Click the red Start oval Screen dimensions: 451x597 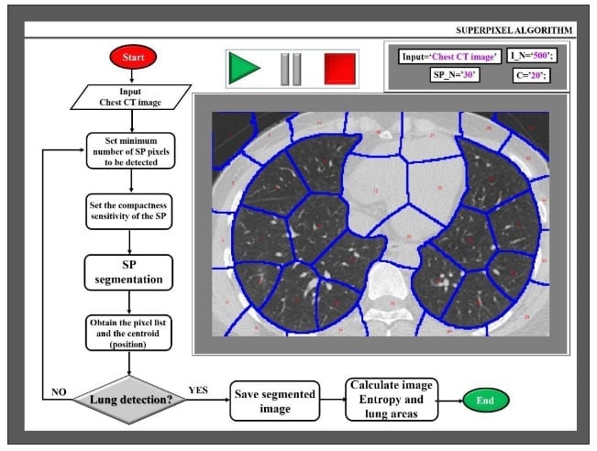point(130,58)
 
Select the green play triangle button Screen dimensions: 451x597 point(243,69)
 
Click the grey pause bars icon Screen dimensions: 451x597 point(291,69)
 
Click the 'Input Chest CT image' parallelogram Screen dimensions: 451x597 point(130,95)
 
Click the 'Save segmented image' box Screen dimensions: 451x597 point(275,400)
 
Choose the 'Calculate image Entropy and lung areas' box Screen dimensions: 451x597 point(390,400)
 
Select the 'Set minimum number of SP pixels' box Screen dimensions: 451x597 point(130,151)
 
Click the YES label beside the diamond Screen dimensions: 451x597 point(198,389)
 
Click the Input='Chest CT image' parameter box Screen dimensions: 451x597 point(449,57)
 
